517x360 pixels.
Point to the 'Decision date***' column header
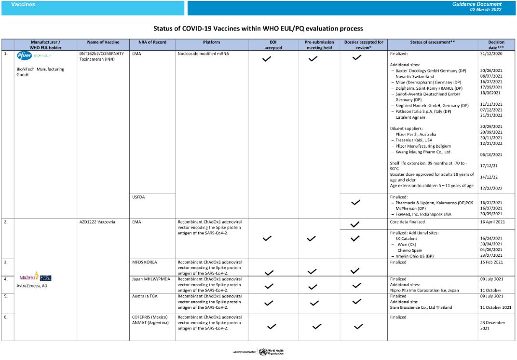[496, 45]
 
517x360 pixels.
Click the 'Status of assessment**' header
[432, 42]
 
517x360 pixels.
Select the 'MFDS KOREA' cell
[146, 262]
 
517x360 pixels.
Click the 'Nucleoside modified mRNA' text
[203, 54]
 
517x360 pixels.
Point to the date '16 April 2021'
[494, 222]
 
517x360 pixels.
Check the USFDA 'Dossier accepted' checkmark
[356, 203]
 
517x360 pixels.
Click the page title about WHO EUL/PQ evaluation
[258, 29]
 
